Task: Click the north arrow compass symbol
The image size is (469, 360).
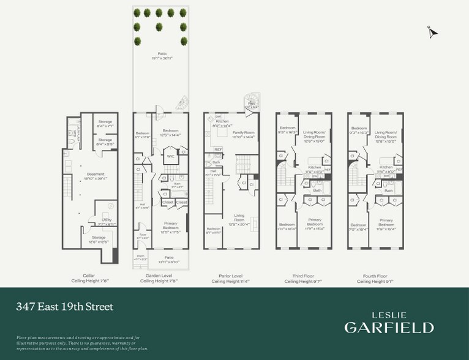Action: [433, 33]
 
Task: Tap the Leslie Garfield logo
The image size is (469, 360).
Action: [389, 322]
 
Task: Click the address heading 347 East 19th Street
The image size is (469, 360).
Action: [65, 306]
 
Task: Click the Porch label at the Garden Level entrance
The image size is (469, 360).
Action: [140, 258]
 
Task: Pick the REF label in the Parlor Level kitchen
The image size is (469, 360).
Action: [217, 149]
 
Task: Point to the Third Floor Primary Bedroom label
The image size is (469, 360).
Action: [315, 221]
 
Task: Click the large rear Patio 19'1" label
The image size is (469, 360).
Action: [162, 56]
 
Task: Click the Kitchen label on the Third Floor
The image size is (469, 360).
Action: [315, 168]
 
